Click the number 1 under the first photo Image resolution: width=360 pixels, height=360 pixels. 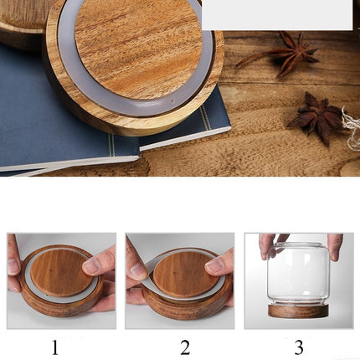[x=55, y=347]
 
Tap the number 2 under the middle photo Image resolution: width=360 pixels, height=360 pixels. [x=185, y=347]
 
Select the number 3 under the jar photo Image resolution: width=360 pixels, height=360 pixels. [x=299, y=348]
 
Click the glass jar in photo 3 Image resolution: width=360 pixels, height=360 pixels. [x=299, y=274]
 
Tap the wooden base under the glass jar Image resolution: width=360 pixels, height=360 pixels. [x=299, y=311]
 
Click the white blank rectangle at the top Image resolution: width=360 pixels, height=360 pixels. [x=277, y=14]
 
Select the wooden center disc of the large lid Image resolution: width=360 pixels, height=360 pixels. [x=138, y=48]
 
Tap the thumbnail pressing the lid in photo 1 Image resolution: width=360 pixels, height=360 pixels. [x=91, y=265]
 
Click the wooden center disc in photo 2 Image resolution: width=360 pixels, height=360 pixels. [x=183, y=275]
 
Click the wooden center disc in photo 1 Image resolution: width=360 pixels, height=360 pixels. [x=61, y=273]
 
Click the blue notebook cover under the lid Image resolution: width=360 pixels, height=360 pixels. [x=42, y=111]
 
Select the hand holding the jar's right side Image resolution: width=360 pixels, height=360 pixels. [x=335, y=245]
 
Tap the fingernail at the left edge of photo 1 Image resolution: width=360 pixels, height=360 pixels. [x=13, y=266]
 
